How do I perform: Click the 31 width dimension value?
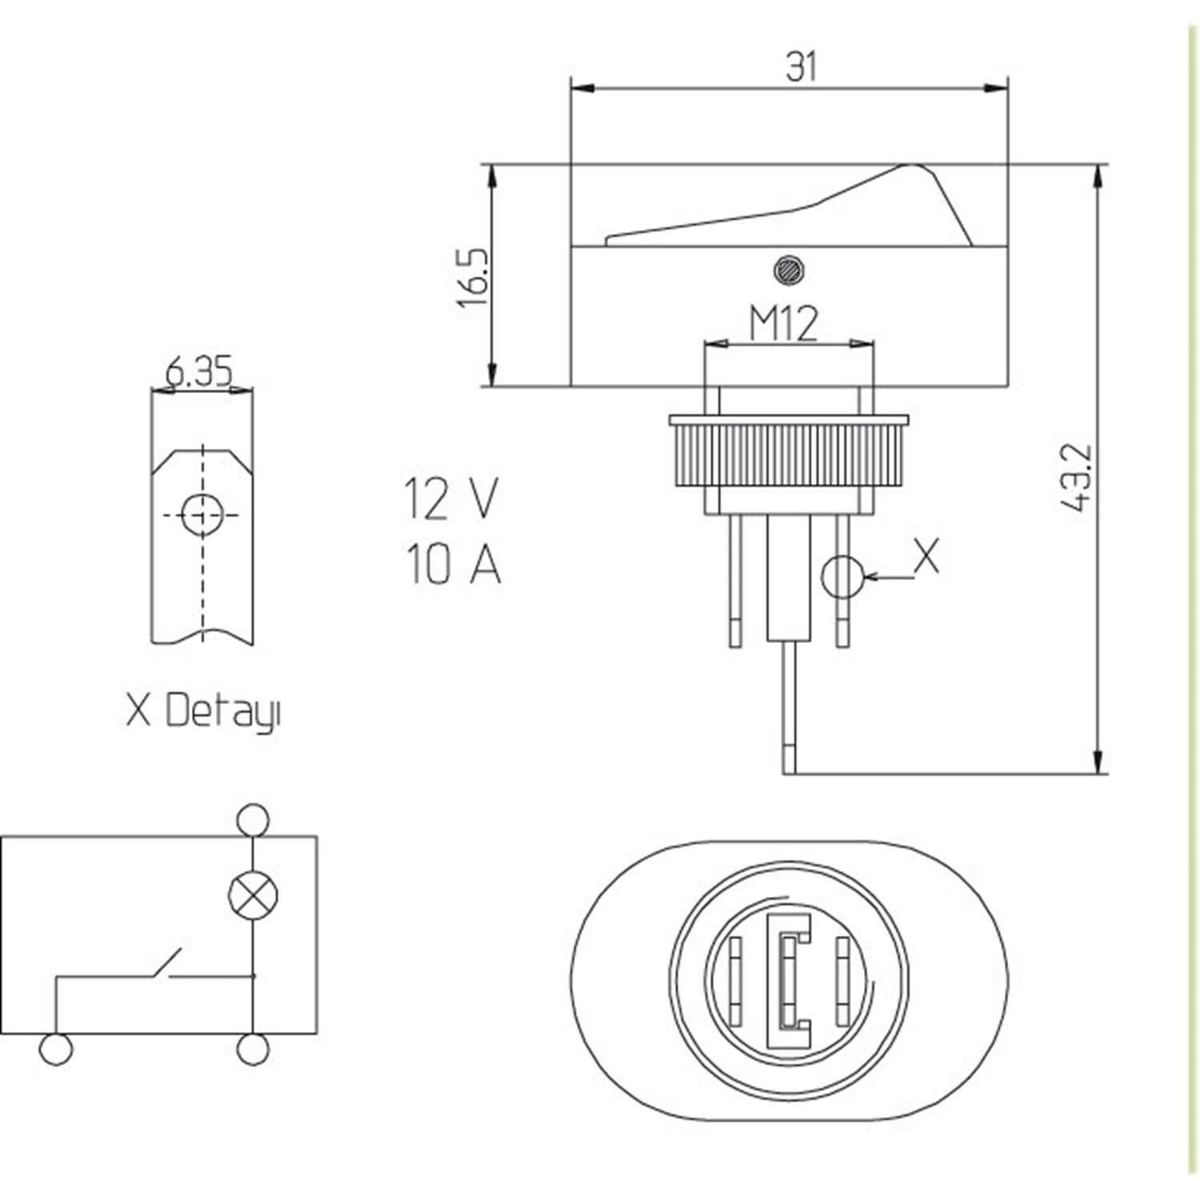pos(802,66)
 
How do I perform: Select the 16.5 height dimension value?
pos(473,278)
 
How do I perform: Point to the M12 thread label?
pos(784,324)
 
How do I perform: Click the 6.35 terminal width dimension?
pos(199,372)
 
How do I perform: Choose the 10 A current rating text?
pos(453,562)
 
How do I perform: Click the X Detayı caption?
pos(203,710)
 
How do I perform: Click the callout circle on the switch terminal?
pos(842,576)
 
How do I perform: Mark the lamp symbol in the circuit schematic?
pos(253,894)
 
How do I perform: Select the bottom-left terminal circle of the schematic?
pos(55,1049)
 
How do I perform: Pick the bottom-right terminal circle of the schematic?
pos(253,1049)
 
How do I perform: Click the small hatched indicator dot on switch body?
pos(789,270)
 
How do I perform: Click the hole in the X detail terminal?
pos(202,514)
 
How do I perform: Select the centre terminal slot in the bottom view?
pos(789,981)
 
